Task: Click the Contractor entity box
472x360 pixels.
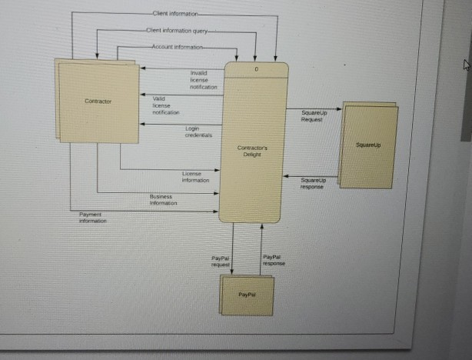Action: coord(98,102)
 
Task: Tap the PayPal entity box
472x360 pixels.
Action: coord(246,295)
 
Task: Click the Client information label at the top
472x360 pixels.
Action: coord(175,14)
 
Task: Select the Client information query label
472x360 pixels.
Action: coord(176,31)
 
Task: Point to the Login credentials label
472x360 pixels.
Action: coord(193,132)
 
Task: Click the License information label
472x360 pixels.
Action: coord(195,177)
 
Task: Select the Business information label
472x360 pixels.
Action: coord(163,200)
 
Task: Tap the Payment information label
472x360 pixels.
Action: coord(93,216)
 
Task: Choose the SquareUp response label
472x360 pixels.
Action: coord(312,183)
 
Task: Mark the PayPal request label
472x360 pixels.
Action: coord(221,261)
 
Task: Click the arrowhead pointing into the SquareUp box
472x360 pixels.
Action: coord(338,109)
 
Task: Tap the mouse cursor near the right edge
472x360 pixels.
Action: coord(464,67)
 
